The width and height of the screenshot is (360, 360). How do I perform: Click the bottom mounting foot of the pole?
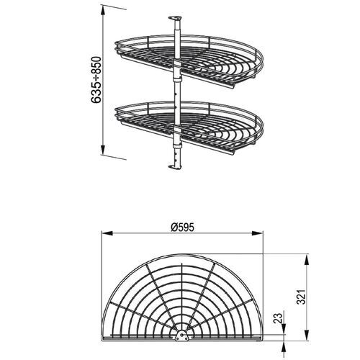point(174,168)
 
